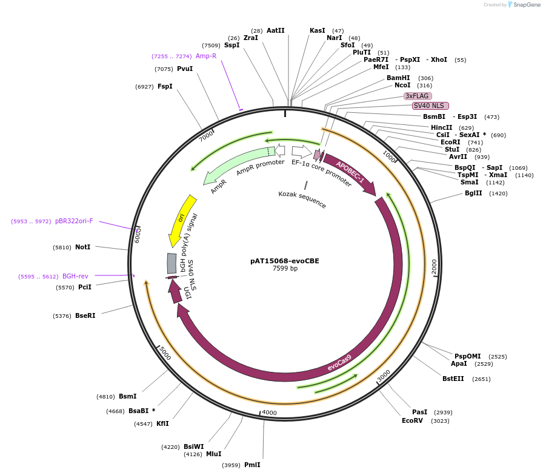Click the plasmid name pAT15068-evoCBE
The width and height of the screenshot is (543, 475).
tap(284, 261)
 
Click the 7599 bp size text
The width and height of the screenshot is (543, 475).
tap(284, 269)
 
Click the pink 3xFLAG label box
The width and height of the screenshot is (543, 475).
tap(417, 96)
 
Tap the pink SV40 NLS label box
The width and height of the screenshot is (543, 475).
tap(430, 106)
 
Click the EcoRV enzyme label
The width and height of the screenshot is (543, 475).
tap(412, 420)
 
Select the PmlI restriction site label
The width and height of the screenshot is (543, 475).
tap(252, 465)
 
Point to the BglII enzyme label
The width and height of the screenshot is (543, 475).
tap(473, 194)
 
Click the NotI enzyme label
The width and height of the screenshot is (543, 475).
tap(82, 247)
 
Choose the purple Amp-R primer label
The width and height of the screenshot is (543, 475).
tap(205, 56)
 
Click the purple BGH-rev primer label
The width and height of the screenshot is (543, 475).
tap(75, 276)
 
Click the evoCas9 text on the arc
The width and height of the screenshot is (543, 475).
tap(339, 363)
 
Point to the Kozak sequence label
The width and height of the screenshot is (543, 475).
tap(302, 200)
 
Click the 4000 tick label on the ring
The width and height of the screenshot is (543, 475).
tap(269, 413)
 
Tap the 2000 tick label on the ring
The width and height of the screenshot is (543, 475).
tap(434, 266)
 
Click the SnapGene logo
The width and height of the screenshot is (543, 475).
tap(522, 5)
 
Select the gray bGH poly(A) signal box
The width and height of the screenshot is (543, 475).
tap(172, 263)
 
